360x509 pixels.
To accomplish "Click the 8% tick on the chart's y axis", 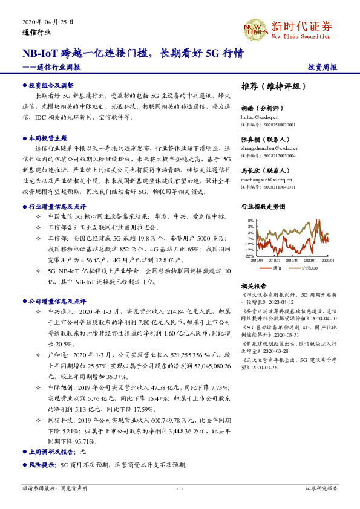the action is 250,221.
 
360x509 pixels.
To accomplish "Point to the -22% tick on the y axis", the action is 249,256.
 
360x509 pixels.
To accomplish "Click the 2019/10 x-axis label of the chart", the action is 292,261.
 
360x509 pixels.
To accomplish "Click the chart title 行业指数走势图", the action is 263,206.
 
